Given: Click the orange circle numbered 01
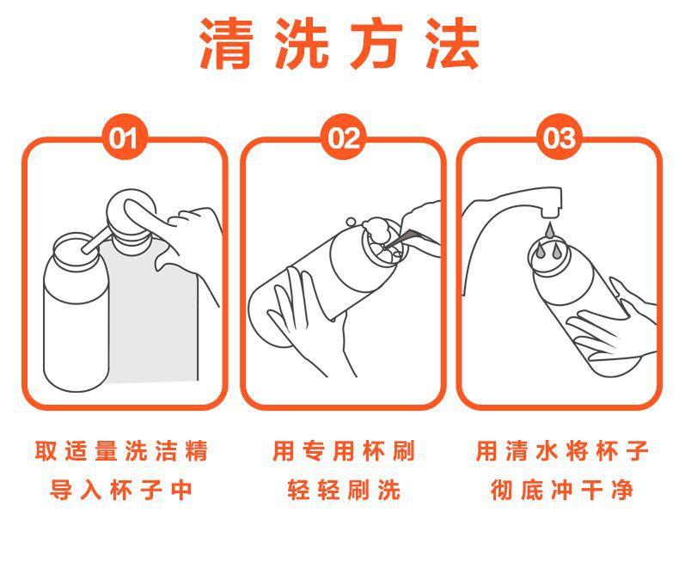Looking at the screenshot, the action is click(x=125, y=137).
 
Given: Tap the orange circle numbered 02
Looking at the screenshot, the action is click(x=344, y=137).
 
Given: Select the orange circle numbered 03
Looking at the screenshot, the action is click(x=560, y=137).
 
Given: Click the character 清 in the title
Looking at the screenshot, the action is click(x=226, y=43).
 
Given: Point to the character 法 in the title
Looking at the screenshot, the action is click(x=452, y=43).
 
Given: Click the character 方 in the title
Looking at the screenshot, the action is click(x=376, y=43).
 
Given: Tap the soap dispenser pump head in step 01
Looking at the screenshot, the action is click(x=131, y=214).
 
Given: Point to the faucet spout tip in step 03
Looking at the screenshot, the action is click(x=552, y=212).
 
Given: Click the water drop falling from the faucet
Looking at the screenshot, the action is click(x=549, y=230).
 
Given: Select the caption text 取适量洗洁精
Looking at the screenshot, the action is click(x=122, y=450).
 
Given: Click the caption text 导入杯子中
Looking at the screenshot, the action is click(x=121, y=490).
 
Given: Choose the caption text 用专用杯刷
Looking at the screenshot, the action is click(x=345, y=450).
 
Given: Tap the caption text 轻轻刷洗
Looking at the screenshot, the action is click(x=345, y=490).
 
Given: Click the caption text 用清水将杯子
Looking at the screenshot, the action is click(x=562, y=450).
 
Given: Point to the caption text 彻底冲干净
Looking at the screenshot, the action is click(x=562, y=490).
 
